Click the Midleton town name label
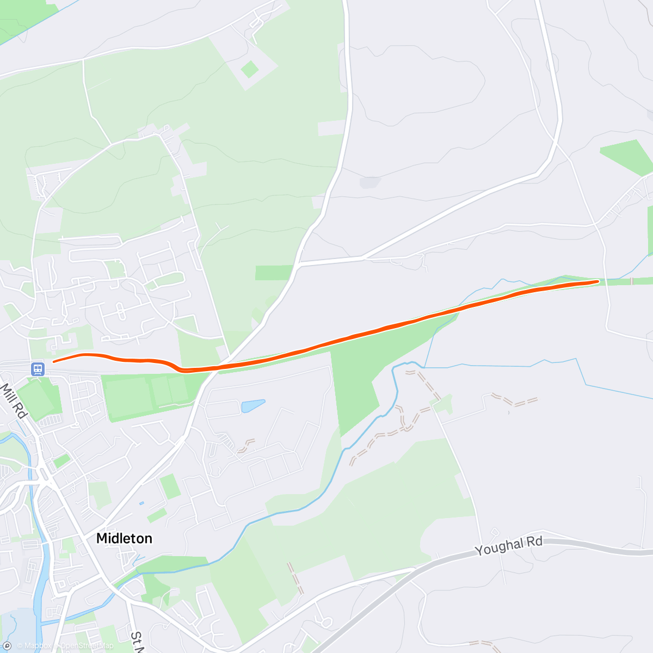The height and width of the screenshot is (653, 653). tap(124, 538)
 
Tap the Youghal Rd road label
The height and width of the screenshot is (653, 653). tap(509, 545)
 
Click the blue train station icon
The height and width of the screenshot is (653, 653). tap(38, 369)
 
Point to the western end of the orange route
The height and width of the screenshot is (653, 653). tap(53, 361)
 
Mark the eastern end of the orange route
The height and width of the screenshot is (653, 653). tap(597, 281)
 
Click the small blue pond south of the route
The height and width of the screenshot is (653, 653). tap(253, 405)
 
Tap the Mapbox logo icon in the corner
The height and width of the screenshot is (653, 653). tap(7, 646)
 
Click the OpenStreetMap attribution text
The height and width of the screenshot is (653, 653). tap(87, 646)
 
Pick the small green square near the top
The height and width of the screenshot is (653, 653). tap(250, 69)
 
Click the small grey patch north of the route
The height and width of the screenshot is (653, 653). tap(370, 182)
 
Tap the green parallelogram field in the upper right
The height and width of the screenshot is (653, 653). tap(626, 157)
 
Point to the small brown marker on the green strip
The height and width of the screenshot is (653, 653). tap(631, 281)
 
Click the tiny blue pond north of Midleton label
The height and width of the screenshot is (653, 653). tap(141, 503)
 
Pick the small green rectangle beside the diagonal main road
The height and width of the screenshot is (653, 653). tap(170, 486)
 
